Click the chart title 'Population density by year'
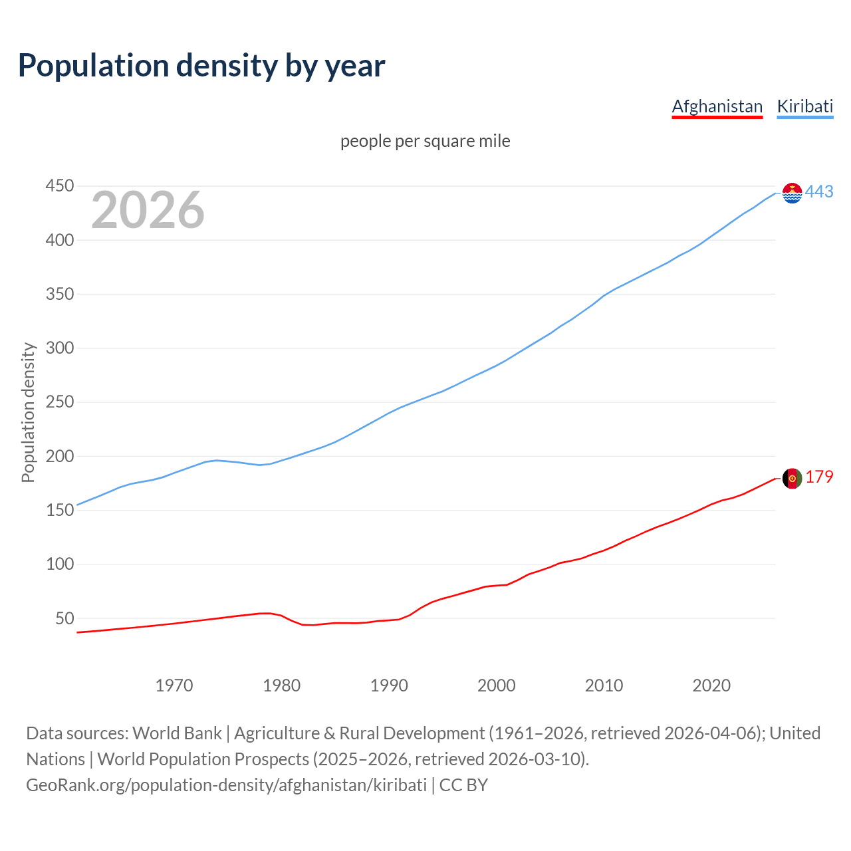(201, 65)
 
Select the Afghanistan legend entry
(717, 106)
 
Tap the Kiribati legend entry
(804, 106)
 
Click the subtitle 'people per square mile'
(425, 142)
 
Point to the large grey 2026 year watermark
(148, 210)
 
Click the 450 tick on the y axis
(59, 186)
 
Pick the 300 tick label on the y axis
(59, 348)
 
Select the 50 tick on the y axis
(64, 618)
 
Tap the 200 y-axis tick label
(59, 456)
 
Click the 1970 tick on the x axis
(174, 685)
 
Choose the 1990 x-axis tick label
(389, 685)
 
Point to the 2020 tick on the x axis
(711, 685)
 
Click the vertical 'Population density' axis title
(28, 412)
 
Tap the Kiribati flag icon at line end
(792, 193)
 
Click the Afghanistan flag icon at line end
(792, 478)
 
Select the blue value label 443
(819, 192)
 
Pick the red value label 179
(819, 477)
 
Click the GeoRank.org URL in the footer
(226, 785)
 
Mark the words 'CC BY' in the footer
(463, 785)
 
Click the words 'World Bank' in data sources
(177, 733)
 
